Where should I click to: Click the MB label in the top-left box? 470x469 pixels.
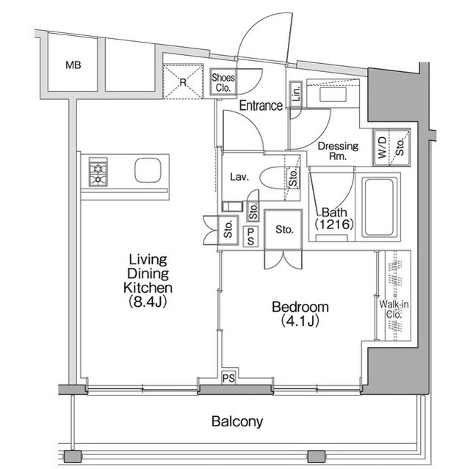(x=73, y=65)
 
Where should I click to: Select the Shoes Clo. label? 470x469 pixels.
(x=223, y=81)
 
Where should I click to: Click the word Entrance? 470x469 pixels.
(x=260, y=106)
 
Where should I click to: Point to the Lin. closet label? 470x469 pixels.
(x=295, y=92)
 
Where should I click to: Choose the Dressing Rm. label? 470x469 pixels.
(x=338, y=150)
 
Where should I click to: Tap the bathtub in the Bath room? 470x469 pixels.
(x=380, y=206)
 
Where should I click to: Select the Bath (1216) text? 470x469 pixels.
(x=335, y=219)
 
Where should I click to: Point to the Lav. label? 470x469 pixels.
(x=239, y=177)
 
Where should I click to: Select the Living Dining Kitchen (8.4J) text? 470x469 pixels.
(x=148, y=280)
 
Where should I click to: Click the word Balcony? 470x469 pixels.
(x=236, y=422)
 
